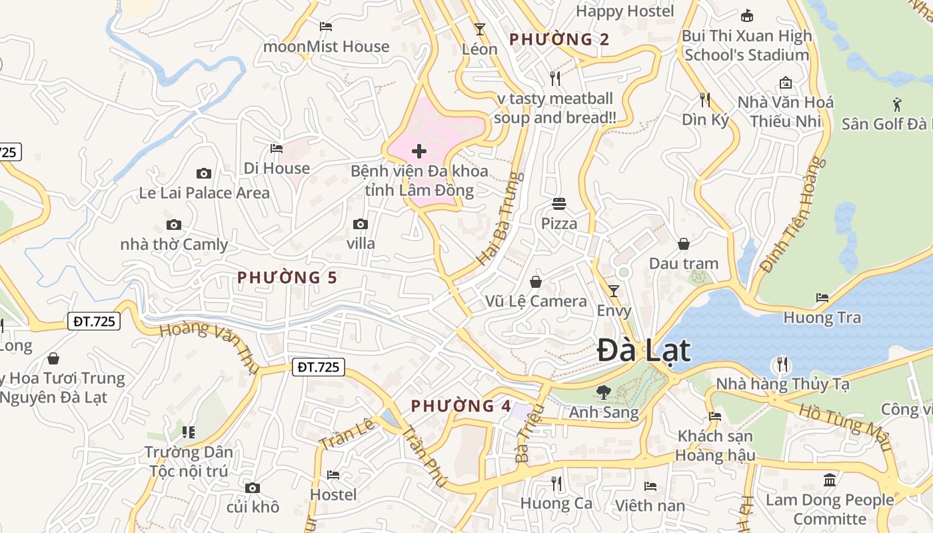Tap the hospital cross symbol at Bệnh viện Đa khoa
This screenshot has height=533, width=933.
[419, 151]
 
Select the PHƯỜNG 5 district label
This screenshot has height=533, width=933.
[287, 277]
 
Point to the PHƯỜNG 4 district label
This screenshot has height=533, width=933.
[461, 406]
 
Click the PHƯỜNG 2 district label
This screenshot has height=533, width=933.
[559, 39]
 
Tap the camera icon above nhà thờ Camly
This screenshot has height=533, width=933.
[174, 225]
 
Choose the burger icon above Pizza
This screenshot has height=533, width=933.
[558, 203]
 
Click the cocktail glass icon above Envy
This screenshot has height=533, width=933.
[614, 290]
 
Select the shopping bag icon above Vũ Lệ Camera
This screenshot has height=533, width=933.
[536, 282]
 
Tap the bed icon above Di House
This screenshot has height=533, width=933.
[277, 148]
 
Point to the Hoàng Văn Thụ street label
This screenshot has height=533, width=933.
[210, 345]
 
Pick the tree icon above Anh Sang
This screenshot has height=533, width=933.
[603, 392]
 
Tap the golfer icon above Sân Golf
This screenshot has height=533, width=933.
[897, 104]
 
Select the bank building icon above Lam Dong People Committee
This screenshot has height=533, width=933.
[830, 480]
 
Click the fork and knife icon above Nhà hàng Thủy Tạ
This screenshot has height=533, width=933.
[782, 364]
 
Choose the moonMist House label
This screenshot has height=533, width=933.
[326, 47]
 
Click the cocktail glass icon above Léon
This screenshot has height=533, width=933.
[479, 29]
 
